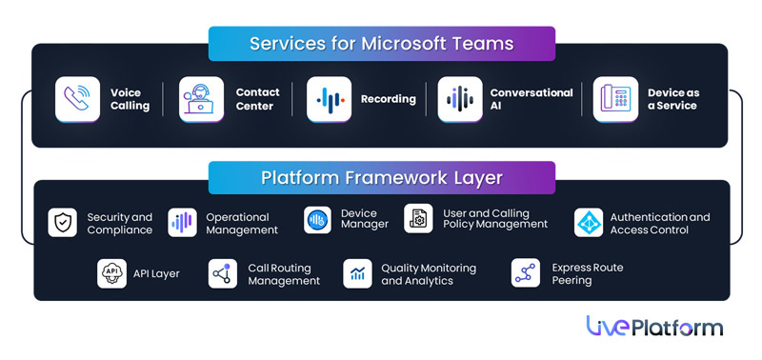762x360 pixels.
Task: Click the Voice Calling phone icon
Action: [x=77, y=99]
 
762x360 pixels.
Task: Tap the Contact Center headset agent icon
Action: [x=201, y=99]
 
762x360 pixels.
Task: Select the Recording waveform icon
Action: [x=329, y=99]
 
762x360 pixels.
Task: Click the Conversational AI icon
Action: [x=459, y=99]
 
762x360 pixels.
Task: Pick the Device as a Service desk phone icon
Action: [x=615, y=99]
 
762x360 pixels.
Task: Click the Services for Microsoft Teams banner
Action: [x=381, y=44]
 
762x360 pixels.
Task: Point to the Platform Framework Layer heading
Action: [x=381, y=178]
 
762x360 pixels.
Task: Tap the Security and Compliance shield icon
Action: [x=63, y=223]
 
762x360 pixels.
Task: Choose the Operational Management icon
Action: [x=182, y=223]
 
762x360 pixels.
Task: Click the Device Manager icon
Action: [x=317, y=220]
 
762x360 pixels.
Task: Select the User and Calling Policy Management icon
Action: [x=418, y=219]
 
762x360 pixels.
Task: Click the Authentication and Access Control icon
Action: [x=589, y=223]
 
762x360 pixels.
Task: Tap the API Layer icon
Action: [x=111, y=273]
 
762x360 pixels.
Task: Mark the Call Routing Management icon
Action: [x=222, y=274]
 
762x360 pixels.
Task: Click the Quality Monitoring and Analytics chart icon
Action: [x=357, y=274]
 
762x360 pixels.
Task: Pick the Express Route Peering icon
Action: [x=525, y=273]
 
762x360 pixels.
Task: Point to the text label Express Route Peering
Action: [x=587, y=274]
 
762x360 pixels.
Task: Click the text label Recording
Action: [x=388, y=99]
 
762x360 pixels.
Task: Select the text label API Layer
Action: [x=156, y=274]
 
